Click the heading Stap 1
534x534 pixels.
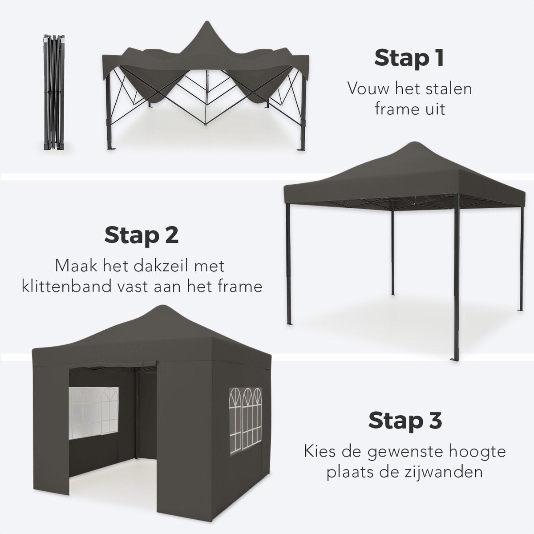click(409, 58)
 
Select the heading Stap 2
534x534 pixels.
click(142, 235)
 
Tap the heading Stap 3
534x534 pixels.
click(405, 421)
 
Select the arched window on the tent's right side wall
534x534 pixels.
click(245, 418)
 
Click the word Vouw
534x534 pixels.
click(368, 89)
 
